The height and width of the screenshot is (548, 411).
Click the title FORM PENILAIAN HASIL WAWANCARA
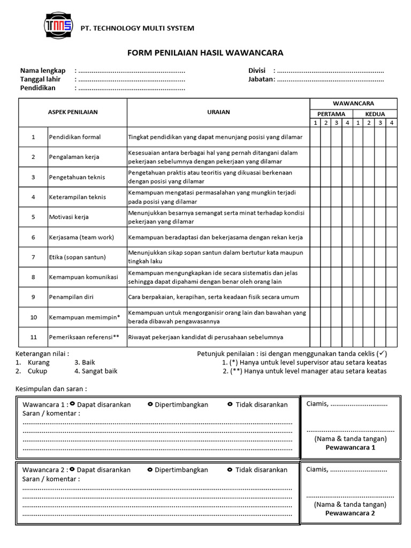point(205,52)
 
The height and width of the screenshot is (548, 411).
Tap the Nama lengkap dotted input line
point(132,71)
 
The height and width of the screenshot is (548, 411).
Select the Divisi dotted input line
point(331,71)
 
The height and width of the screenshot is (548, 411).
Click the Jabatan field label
point(260,79)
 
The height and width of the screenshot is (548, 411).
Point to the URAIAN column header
point(218,112)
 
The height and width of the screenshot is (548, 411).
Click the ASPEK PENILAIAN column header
point(73,112)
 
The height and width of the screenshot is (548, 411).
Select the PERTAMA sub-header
point(331,114)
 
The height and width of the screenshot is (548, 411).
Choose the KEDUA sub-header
point(375,114)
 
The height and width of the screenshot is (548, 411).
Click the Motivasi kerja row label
point(69,217)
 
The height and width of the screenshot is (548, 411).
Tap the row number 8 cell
point(33,277)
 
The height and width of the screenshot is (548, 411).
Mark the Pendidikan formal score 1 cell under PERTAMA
point(315,137)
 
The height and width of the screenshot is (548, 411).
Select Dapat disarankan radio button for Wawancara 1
point(72,404)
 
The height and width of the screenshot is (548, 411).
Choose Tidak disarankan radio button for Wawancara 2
point(230,469)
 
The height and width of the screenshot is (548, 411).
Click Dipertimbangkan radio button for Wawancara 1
point(150,404)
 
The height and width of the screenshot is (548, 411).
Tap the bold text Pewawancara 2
point(350,513)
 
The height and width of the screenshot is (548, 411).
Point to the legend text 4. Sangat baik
point(96,371)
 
